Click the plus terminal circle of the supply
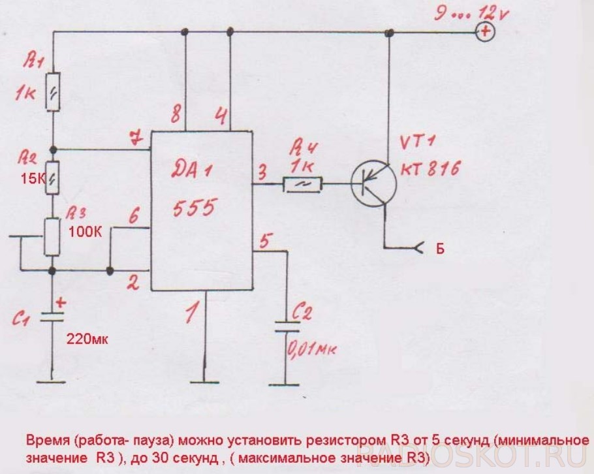click(x=484, y=31)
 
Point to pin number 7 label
click(x=135, y=138)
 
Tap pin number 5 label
click(x=263, y=240)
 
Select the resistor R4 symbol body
click(x=302, y=185)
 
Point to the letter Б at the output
click(x=439, y=248)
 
